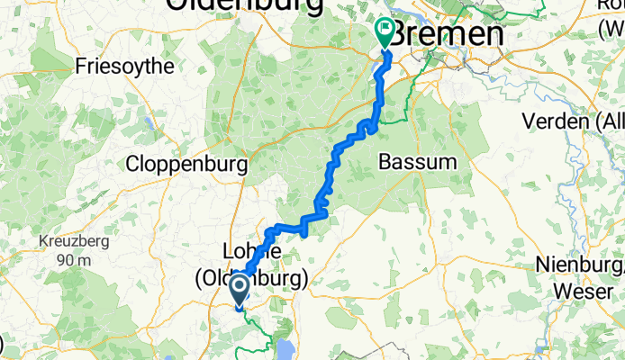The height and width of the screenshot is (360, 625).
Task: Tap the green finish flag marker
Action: pos(385,33)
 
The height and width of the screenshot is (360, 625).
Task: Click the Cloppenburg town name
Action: pos(186,165)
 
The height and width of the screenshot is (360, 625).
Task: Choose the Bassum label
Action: pos(418,163)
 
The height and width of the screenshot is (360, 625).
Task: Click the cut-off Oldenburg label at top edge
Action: pos(243,5)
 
